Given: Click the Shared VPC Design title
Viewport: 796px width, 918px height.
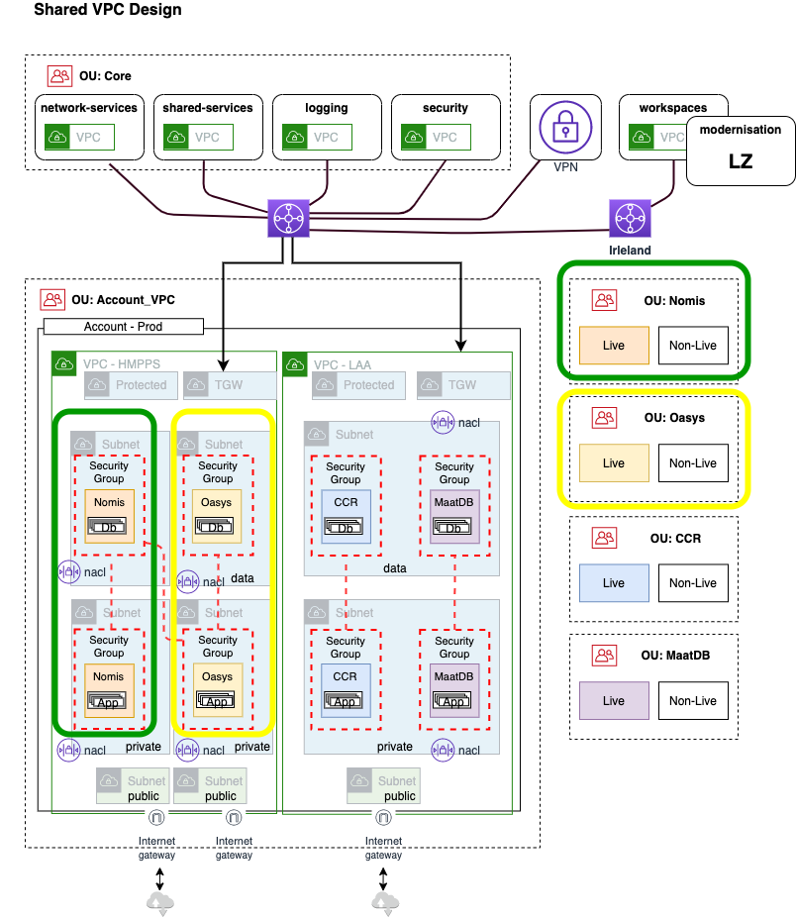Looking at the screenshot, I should pos(108,11).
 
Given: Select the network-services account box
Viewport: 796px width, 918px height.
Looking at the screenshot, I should pos(89,127).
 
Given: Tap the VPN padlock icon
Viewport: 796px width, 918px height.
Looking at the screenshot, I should pos(564,128).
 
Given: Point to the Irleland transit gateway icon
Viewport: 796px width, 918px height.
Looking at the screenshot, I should pos(629,217).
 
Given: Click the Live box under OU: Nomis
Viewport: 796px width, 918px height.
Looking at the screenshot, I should pos(614,346).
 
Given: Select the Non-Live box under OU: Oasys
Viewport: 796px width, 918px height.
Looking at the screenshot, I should pos(693,462).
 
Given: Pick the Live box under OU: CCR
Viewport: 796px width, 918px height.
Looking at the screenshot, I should pos(614,582).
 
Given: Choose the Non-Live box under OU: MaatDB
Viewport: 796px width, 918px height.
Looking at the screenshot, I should pos(693,700).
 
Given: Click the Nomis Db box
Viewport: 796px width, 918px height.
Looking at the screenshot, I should pos(109,515).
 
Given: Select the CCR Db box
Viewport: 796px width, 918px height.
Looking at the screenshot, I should pos(346,516).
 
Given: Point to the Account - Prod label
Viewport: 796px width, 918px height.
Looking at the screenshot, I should pos(124,327).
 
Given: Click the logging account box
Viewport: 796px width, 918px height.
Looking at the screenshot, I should pos(327,127).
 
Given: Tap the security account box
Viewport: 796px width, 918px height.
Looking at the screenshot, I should pos(446,127).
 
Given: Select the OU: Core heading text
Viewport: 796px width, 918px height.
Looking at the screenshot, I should pos(105,76).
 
